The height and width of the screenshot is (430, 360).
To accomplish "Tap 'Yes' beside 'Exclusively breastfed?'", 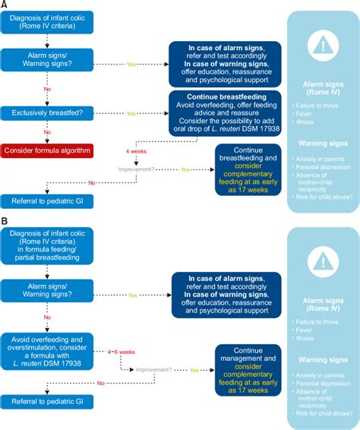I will (131, 113).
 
